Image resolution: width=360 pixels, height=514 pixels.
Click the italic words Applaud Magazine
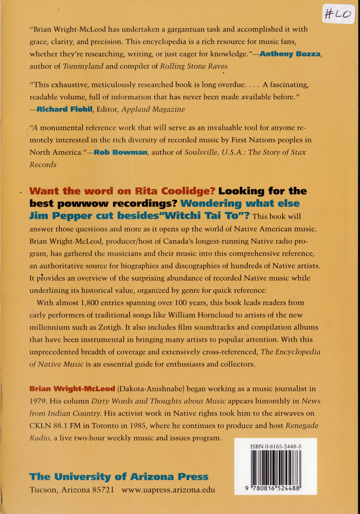(156, 109)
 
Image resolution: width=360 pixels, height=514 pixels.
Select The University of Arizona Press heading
(119, 476)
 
